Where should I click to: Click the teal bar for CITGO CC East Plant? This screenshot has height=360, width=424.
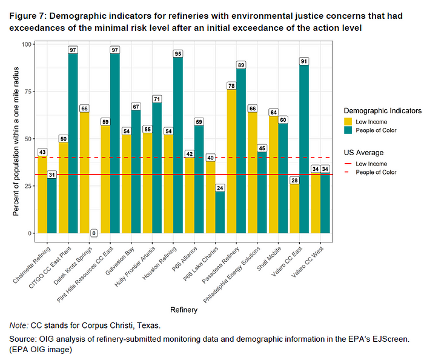click(x=73, y=143)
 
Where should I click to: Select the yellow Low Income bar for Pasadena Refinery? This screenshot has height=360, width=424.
click(x=231, y=161)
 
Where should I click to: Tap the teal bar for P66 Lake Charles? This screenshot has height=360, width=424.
click(x=220, y=212)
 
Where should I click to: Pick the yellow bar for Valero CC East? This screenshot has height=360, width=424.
click(x=294, y=208)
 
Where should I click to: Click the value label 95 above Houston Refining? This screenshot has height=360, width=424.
click(x=178, y=53)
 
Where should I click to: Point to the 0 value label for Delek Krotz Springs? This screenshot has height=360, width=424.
click(x=94, y=233)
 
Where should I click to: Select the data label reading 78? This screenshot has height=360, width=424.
click(x=231, y=85)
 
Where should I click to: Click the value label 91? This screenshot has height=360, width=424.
click(x=304, y=61)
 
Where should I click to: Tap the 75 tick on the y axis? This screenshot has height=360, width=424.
click(x=28, y=92)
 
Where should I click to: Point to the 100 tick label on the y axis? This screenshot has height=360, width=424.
click(x=27, y=44)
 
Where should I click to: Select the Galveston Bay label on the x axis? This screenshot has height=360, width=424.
click(x=120, y=261)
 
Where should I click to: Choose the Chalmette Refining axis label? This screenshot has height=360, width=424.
click(x=31, y=265)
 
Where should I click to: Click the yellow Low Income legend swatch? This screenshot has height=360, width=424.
click(x=348, y=122)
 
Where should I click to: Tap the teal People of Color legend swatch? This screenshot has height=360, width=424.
click(x=348, y=130)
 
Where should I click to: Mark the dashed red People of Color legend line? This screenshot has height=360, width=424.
click(x=348, y=172)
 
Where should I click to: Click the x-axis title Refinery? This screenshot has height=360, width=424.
click(x=184, y=310)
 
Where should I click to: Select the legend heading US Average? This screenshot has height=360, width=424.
click(x=363, y=153)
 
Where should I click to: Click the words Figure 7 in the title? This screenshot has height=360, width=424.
click(x=28, y=16)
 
